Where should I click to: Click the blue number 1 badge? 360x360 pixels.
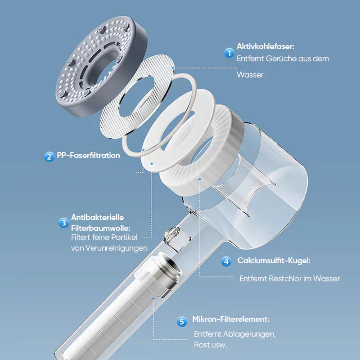click(229, 53)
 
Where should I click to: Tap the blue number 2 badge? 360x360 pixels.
click(49, 157)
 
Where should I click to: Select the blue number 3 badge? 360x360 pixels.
click(63, 223)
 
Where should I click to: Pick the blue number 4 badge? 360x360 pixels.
click(226, 261)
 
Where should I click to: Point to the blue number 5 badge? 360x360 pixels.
click(182, 321)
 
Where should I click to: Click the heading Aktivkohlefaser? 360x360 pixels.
click(265, 46)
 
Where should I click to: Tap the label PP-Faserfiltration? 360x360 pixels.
click(88, 155)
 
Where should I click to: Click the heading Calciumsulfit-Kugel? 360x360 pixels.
click(274, 261)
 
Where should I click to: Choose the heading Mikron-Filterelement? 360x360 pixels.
click(231, 319)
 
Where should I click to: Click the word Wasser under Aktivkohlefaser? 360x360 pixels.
click(250, 75)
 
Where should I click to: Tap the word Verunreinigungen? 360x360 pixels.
click(117, 248)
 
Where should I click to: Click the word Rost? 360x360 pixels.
click(200, 345)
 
